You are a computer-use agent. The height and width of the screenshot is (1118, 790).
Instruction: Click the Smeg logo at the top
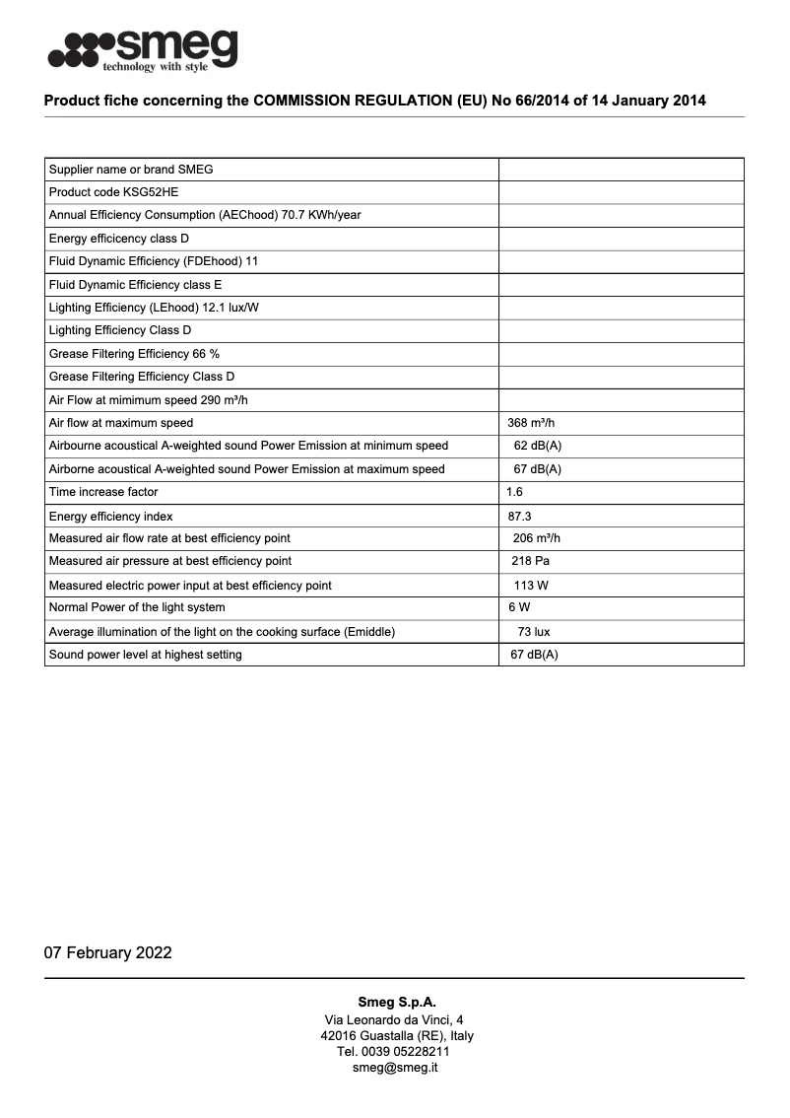click(x=143, y=49)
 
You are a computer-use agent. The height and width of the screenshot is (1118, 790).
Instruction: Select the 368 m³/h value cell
click(x=531, y=423)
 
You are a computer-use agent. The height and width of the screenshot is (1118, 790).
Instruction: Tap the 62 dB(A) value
click(x=537, y=446)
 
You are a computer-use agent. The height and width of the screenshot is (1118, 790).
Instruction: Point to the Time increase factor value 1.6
click(x=514, y=492)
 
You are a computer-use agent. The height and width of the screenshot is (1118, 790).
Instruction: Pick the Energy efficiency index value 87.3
click(x=519, y=516)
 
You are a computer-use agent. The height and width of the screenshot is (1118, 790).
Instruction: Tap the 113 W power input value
click(x=531, y=585)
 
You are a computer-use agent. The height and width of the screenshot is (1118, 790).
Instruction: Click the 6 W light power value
click(x=518, y=607)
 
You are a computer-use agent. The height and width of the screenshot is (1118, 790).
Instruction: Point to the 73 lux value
click(x=534, y=631)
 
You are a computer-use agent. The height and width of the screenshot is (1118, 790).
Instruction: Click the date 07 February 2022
click(x=107, y=952)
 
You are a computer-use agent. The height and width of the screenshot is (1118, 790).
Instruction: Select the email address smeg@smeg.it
click(x=395, y=1067)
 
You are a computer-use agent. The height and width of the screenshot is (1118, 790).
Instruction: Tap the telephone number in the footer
click(x=395, y=1051)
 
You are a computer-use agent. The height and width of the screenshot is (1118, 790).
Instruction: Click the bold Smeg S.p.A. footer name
click(x=396, y=1002)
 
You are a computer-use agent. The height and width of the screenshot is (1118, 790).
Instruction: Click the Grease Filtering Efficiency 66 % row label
click(x=134, y=354)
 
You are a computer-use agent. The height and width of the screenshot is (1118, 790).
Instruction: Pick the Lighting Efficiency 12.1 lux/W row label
click(x=154, y=308)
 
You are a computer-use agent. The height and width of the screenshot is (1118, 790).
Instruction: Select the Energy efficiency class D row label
click(x=118, y=239)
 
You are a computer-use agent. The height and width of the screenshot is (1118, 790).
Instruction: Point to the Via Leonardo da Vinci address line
click(x=394, y=1019)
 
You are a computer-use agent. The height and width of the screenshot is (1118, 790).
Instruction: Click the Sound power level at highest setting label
click(x=145, y=655)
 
